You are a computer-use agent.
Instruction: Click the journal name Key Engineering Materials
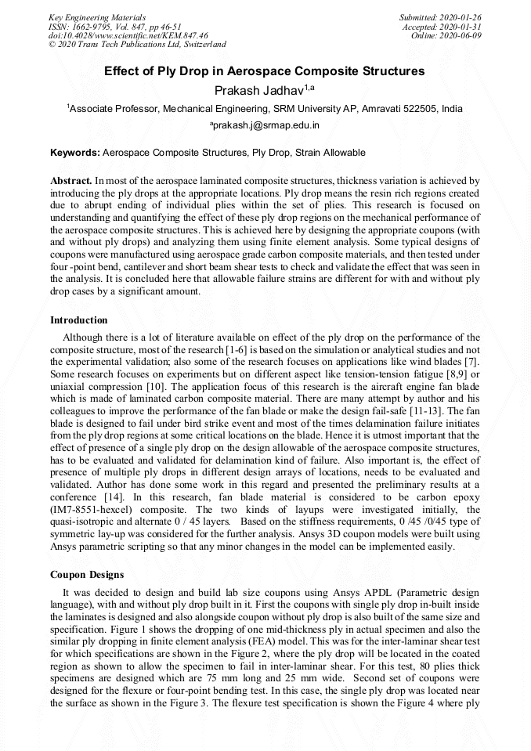[97, 16]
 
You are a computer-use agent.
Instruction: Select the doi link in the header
[128, 35]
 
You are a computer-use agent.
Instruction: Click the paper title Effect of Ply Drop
[265, 71]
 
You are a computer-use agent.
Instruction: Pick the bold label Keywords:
[75, 153]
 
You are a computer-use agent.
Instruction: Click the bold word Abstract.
[71, 180]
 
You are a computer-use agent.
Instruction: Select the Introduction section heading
[79, 320]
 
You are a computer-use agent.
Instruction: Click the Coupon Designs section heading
[87, 575]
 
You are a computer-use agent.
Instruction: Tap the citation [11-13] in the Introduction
[445, 410]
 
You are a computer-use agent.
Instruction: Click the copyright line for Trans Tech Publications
[137, 45]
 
